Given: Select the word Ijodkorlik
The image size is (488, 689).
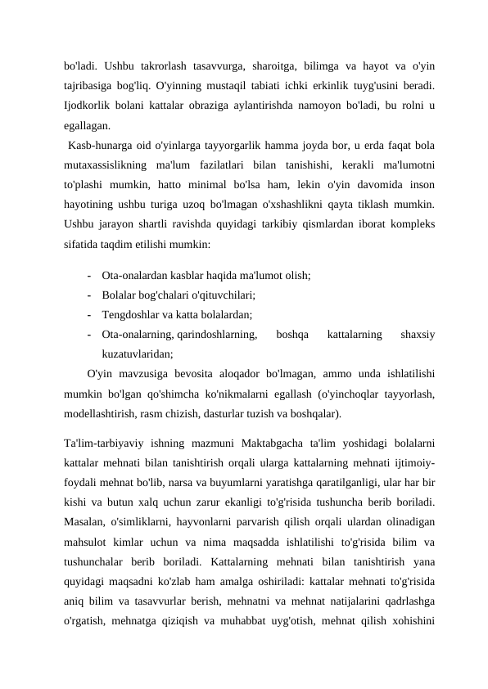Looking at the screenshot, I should tap(87, 106).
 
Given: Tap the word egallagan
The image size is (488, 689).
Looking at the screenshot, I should tap(88, 126).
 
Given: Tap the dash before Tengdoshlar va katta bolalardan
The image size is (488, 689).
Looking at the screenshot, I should tap(87, 314).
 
